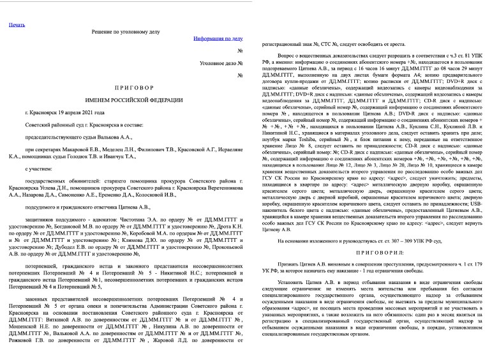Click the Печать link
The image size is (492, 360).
pos(17,26)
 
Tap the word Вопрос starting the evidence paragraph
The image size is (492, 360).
pos(289,56)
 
